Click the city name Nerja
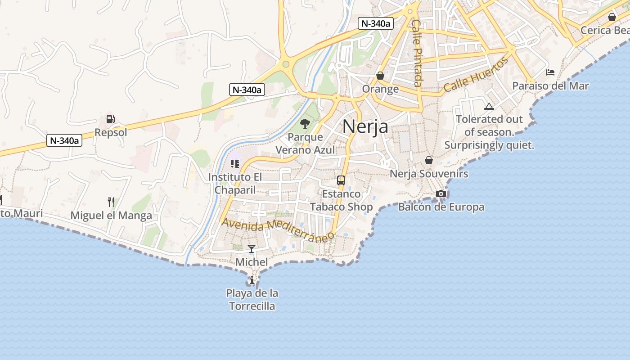coord(365,126)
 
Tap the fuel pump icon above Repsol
coord(111,119)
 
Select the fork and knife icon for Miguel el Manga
coord(111,202)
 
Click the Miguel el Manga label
coord(111,216)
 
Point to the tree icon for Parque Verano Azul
coord(305,123)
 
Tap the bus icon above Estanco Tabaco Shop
coord(341,180)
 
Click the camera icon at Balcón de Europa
coord(441,193)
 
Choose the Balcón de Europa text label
coord(441,207)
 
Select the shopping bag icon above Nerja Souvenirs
coord(429,160)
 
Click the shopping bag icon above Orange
coord(380,76)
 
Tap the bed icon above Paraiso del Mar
coord(550,72)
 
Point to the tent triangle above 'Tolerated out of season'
coord(489,107)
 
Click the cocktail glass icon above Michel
coord(252,249)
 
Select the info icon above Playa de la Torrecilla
coord(252,280)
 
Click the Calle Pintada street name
coord(417,53)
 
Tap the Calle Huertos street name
coord(476,75)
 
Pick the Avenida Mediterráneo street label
coord(278,230)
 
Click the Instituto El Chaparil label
coord(234,184)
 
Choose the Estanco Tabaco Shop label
coord(341,201)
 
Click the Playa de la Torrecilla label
coord(252,300)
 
